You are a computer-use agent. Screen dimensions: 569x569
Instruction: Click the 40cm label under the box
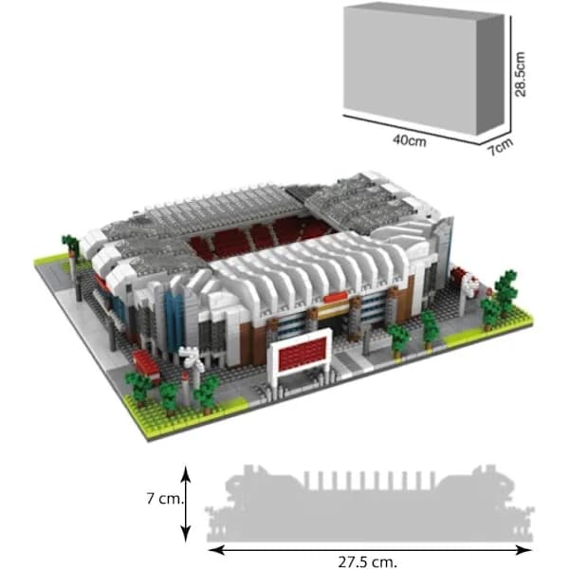pos(410,140)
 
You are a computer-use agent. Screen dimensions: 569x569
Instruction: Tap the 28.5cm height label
pos(520,74)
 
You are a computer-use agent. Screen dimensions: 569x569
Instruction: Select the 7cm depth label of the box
pos(501,147)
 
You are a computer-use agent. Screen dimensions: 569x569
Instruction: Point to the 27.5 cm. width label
pos(368,561)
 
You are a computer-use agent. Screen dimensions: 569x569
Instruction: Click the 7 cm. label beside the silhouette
pos(166,499)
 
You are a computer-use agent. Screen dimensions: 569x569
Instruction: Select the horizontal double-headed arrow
pos(370,550)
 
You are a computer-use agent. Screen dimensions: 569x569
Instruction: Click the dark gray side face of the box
pos(490,74)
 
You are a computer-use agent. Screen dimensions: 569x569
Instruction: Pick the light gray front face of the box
pos(410,67)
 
